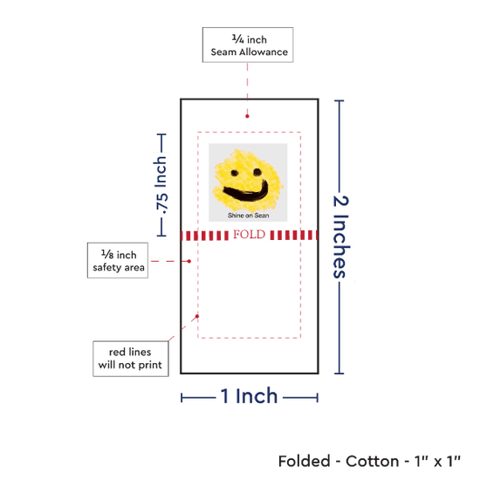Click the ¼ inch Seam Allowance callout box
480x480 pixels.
248,45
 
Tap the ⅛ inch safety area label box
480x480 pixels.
118,261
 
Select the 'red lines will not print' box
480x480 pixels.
131,359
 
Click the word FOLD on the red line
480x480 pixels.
250,235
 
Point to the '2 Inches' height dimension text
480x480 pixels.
340,237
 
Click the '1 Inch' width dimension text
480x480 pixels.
250,396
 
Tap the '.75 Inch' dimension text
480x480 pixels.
161,185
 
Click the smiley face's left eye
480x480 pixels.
235,173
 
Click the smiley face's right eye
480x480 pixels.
257,172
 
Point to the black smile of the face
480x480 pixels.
246,194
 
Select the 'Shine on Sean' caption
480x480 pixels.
248,216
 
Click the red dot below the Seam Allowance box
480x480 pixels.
247,116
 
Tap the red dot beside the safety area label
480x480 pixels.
189,261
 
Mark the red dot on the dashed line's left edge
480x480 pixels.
197,316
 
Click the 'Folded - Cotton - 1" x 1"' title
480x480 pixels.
369,461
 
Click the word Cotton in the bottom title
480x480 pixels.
373,462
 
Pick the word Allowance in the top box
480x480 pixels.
264,52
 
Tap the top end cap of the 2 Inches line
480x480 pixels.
339,100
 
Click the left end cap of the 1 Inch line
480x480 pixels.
182,398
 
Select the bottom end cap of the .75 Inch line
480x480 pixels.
161,236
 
